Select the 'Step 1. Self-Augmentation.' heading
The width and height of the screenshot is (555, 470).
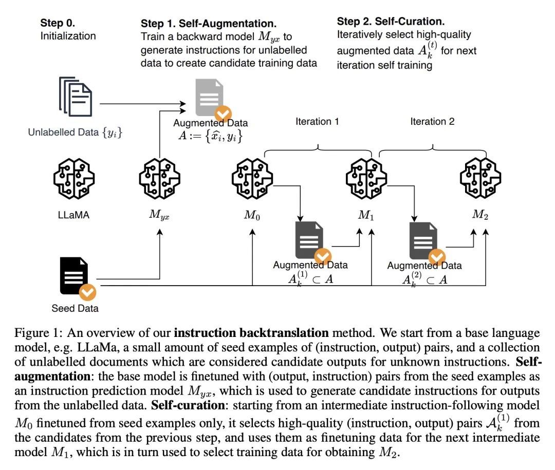[x=209, y=24]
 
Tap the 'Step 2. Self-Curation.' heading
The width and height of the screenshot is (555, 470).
[x=391, y=22]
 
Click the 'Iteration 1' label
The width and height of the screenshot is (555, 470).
[x=317, y=122]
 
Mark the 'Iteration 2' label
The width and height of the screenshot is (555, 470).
[x=432, y=122]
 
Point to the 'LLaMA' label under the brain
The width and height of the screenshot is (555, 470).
[x=74, y=214]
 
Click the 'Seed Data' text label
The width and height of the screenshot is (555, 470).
[x=75, y=309]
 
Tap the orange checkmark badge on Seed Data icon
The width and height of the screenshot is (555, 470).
[x=88, y=293]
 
